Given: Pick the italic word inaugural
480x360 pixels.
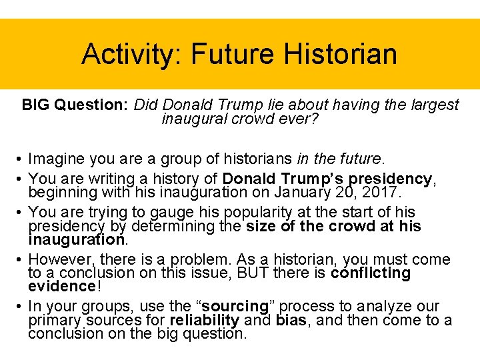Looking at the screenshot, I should point(194,119).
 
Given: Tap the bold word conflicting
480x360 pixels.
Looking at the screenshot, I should point(371,273).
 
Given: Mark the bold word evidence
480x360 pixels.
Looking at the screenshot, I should point(62,287).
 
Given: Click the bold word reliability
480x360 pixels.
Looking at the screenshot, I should point(204,320).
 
